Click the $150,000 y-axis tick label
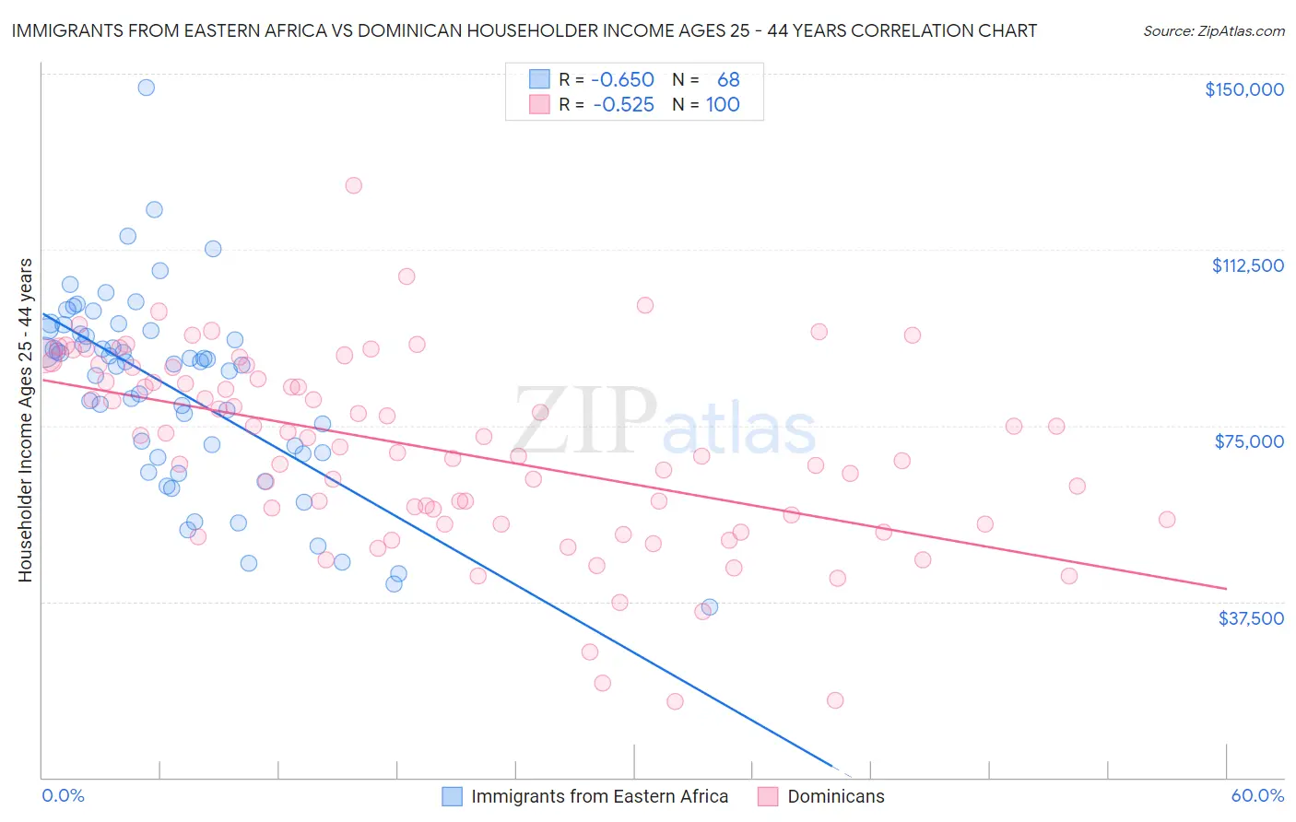coord(1243,89)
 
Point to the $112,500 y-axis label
coord(1247,265)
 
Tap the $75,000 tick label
coord(1249,441)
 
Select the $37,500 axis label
coord(1251,618)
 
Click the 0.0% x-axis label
coord(64,795)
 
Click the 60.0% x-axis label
coord(1257,795)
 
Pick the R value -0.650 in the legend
coord(623,80)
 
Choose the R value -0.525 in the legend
coord(623,105)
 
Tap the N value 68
coord(728,80)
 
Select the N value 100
coord(723,105)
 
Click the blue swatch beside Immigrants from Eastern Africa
coord(452,796)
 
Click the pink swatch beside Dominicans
coord(768,796)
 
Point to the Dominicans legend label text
coord(836,796)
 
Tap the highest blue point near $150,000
coord(146,88)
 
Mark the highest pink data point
coord(353,185)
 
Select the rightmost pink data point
coord(1167,520)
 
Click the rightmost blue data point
coord(710,606)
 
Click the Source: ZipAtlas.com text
coord(1214,30)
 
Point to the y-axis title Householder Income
coord(26,420)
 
